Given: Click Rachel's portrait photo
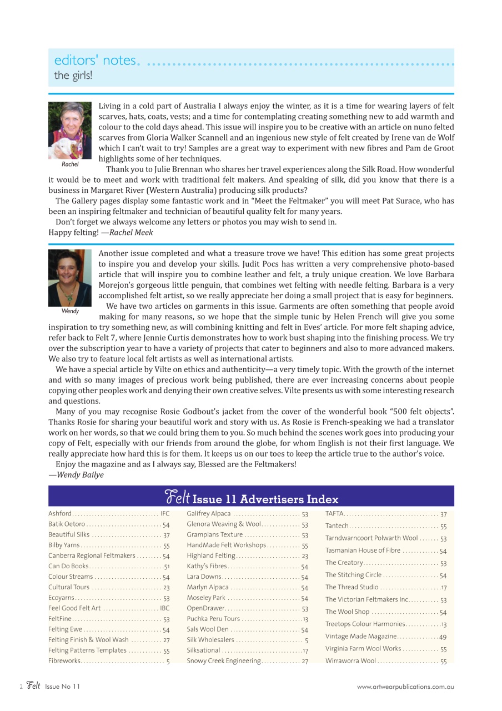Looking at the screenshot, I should [x=70, y=131].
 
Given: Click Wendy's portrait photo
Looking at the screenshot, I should [x=70, y=277].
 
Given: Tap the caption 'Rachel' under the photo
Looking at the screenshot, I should [x=70, y=164].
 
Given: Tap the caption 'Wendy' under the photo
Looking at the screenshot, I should [x=70, y=312].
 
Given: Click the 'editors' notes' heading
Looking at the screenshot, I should [x=95, y=60].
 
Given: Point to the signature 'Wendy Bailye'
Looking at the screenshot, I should [x=80, y=474].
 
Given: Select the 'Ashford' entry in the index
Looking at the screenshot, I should [x=60, y=513].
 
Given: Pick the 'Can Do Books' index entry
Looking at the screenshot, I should [x=68, y=566].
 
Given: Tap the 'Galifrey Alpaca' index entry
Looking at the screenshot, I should [x=209, y=513].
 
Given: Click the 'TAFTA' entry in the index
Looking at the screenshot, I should [x=335, y=514].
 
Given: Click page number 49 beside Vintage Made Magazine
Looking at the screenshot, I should [x=443, y=637].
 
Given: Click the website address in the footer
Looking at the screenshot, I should [x=405, y=687].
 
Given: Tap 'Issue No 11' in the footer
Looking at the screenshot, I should [x=63, y=687].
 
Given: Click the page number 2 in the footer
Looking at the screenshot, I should [x=21, y=687].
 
